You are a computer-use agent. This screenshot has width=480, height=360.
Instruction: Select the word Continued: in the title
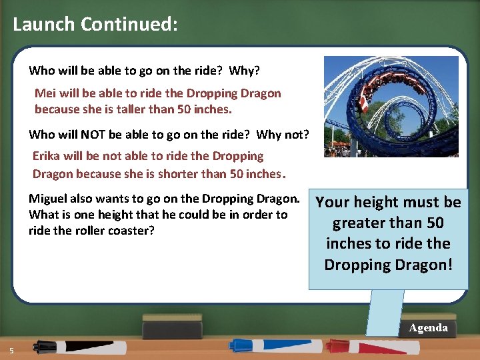pos(129,25)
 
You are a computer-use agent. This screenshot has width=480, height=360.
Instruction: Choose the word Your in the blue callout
pos(331,202)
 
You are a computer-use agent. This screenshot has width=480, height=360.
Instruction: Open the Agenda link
pos(428,328)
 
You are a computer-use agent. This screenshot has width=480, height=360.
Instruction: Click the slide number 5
pos(11,351)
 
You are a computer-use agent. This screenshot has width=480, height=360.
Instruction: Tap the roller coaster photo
pos(391,107)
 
